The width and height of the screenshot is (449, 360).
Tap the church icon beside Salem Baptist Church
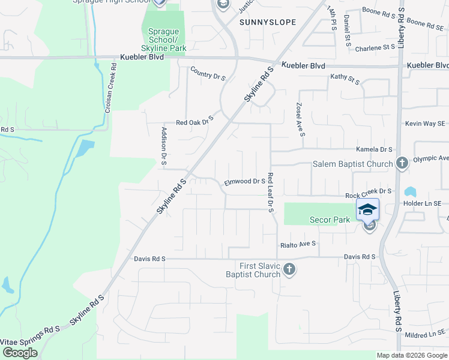click(x=402, y=163)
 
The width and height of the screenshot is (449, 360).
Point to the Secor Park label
click(x=330, y=220)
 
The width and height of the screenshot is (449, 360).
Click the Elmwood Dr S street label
click(x=244, y=181)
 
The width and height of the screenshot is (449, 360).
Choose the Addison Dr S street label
click(x=164, y=146)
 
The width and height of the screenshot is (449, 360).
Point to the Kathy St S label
click(x=345, y=77)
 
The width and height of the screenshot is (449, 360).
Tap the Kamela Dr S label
click(x=373, y=149)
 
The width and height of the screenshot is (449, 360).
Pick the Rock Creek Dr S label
click(x=368, y=196)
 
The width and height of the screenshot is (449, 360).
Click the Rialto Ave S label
click(x=298, y=244)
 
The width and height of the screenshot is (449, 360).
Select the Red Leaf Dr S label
click(x=271, y=193)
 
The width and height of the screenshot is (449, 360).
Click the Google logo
click(x=20, y=353)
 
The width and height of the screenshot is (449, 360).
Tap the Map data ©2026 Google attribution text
click(x=412, y=355)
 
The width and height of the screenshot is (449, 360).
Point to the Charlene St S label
click(x=376, y=49)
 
